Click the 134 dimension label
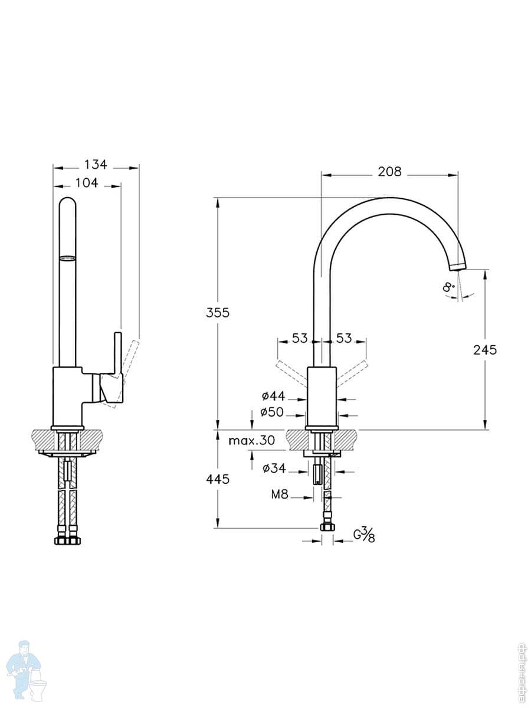96,165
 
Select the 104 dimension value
87,183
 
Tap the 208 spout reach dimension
389,172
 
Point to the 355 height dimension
218,313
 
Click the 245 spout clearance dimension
485,350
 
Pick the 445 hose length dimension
218,480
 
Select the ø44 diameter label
273,396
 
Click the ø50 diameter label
272,412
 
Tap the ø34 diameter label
274,468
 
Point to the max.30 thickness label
252,440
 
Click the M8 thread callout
280,495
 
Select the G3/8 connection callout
364,535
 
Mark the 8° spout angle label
449,288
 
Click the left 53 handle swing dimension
300,339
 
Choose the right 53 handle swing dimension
344,339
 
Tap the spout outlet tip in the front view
457,267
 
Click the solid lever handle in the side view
117,354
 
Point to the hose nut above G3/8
327,527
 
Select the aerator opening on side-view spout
68,257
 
